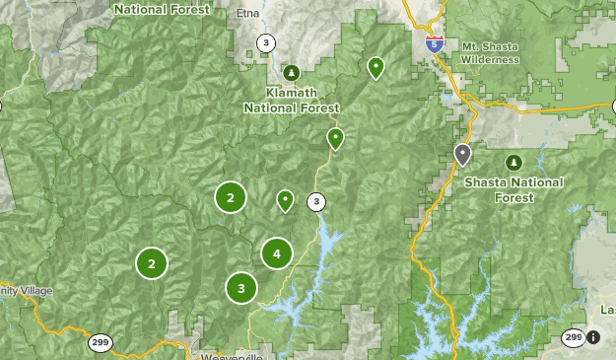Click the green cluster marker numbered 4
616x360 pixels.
click(x=277, y=253)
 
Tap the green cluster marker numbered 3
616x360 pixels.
click(x=241, y=288)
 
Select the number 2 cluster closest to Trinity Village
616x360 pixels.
click(x=152, y=263)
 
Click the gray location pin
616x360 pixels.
click(x=463, y=154)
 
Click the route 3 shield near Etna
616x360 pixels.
click(x=266, y=42)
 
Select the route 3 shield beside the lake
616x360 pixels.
click(x=315, y=202)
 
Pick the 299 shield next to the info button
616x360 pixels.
click(x=573, y=337)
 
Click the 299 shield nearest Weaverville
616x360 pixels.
click(x=100, y=342)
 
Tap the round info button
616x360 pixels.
click(x=594, y=337)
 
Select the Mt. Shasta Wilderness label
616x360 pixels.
click(x=489, y=53)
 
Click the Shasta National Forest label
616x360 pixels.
click(x=513, y=189)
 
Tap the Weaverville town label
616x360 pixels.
click(x=231, y=356)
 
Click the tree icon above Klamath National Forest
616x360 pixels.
click(x=291, y=72)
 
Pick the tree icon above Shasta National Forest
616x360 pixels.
click(x=513, y=162)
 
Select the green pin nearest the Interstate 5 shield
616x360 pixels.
click(x=376, y=66)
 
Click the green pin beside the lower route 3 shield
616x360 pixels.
click(x=285, y=200)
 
